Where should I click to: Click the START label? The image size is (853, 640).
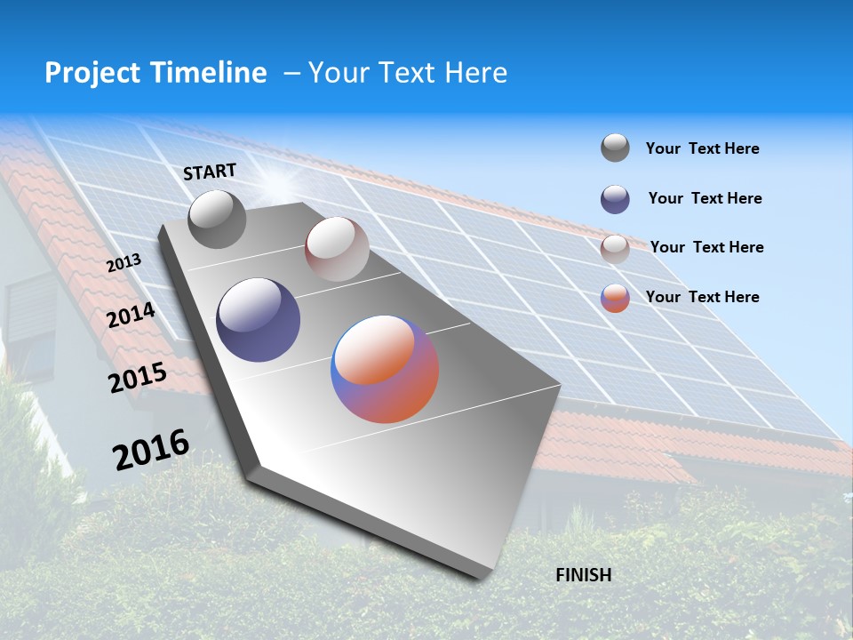pos(210,172)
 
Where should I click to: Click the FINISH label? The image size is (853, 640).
pos(584,574)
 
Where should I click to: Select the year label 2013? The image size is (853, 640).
pos(124,264)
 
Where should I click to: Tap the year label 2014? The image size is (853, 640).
pos(131,316)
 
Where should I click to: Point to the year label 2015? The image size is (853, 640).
pos(138,378)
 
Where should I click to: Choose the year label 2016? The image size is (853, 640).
pos(151,449)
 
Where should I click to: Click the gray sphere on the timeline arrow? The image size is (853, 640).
pos(217,219)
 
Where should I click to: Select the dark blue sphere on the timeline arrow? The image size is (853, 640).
pos(259,320)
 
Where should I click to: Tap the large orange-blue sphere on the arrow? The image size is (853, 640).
pos(385,369)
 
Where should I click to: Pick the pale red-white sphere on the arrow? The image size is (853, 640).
pos(337,249)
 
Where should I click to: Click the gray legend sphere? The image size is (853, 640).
pos(615,148)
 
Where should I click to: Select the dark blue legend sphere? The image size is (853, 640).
pos(615,199)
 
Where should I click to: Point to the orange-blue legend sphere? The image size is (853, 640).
pos(615,298)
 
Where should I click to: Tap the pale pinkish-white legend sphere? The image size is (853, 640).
pos(615,249)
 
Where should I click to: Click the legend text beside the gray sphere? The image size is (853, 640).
pos(702,148)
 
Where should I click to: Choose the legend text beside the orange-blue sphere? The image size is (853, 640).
pos(702,297)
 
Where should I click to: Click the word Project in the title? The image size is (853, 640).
pos(93,73)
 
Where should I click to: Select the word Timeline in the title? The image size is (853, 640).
pos(209,73)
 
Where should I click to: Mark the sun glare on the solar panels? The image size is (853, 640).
pos(278,184)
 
